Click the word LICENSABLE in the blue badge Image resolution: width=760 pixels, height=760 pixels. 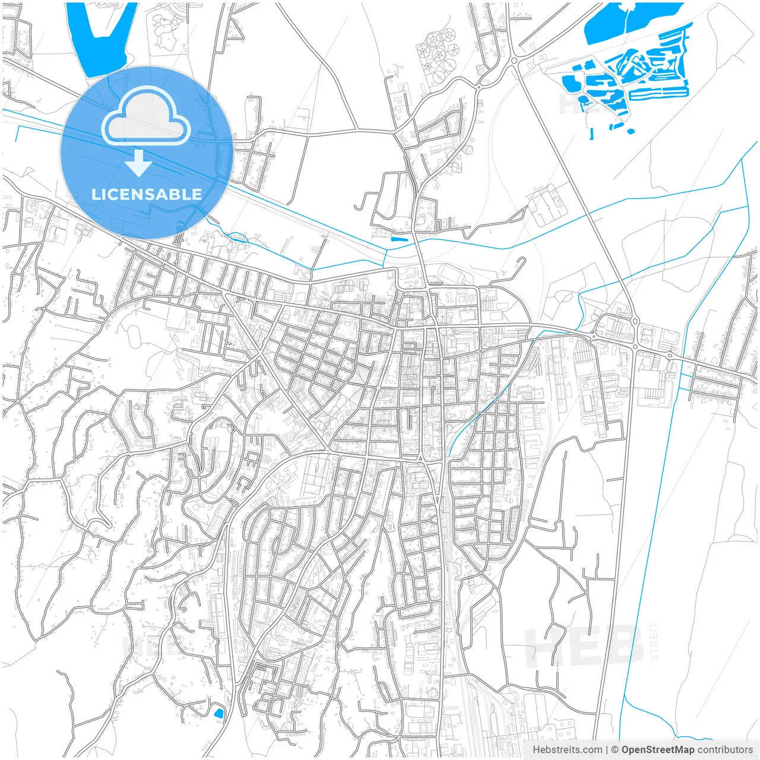146,194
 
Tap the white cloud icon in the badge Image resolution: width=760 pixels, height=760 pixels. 146,116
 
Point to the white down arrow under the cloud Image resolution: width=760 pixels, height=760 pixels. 139,163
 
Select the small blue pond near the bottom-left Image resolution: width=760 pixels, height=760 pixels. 218,712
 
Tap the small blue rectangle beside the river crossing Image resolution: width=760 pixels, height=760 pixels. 399,239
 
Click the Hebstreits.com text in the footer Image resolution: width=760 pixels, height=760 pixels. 567,750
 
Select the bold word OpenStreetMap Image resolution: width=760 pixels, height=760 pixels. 657,750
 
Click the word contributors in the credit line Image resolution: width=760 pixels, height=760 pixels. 724,750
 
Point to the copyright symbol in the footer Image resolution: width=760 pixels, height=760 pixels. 615,750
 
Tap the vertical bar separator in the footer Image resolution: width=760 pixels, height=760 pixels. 607,750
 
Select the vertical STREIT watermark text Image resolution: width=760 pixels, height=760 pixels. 654,641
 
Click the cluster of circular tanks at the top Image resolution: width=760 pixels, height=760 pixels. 438,53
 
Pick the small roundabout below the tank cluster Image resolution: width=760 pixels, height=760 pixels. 479,88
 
